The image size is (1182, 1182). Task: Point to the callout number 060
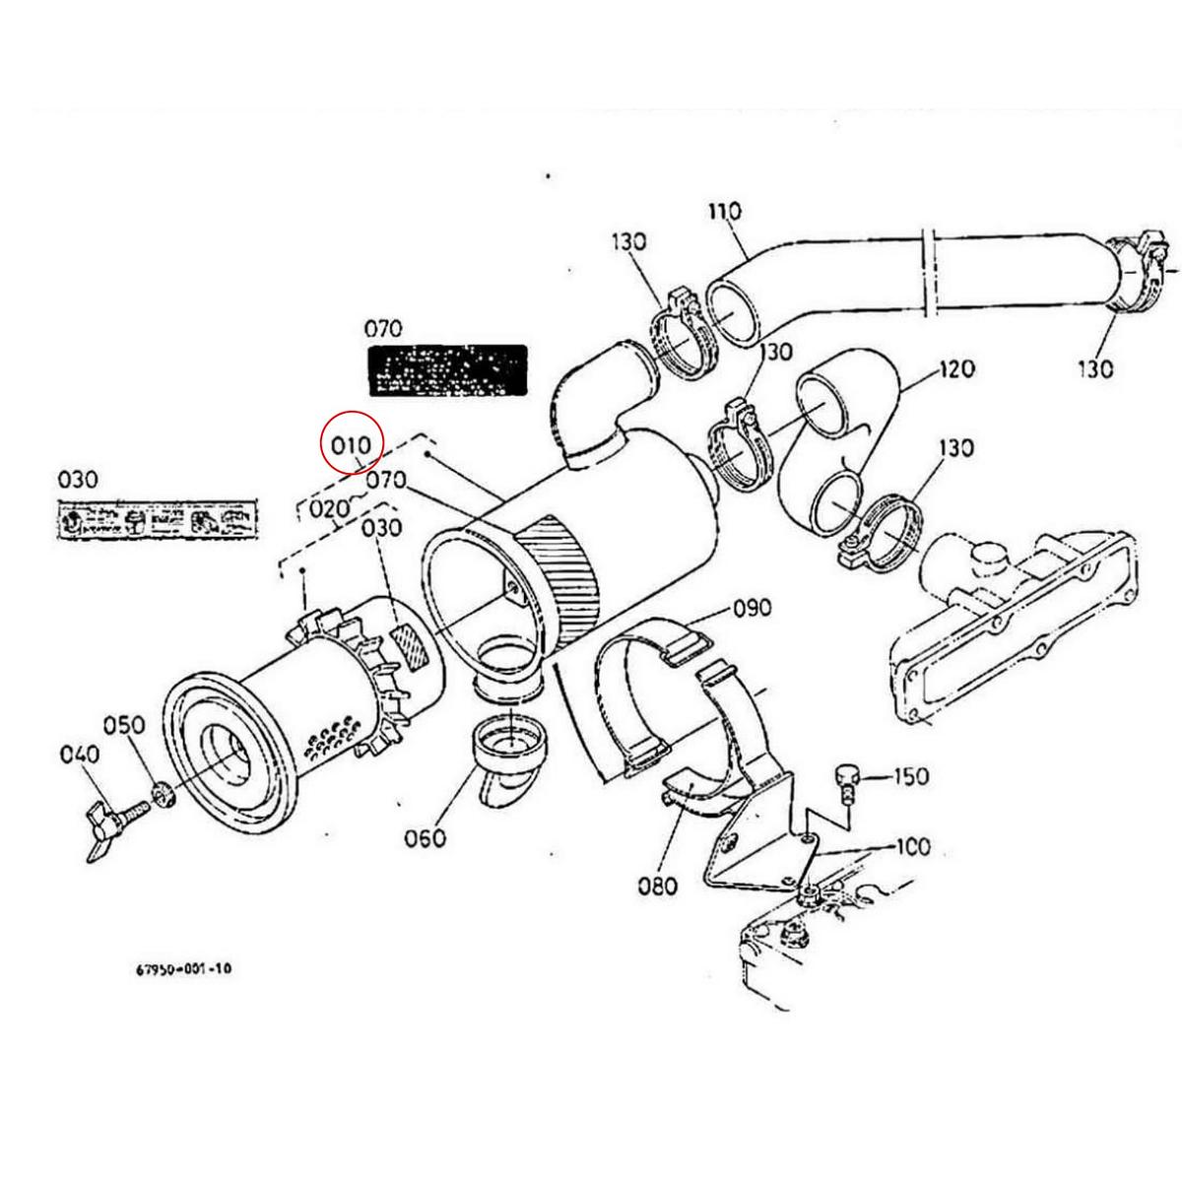point(424,838)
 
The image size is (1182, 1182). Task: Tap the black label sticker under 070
point(447,370)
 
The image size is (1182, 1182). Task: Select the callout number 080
point(657,886)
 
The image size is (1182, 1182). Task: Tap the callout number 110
point(725,212)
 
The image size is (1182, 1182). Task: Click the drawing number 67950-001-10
point(183,968)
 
